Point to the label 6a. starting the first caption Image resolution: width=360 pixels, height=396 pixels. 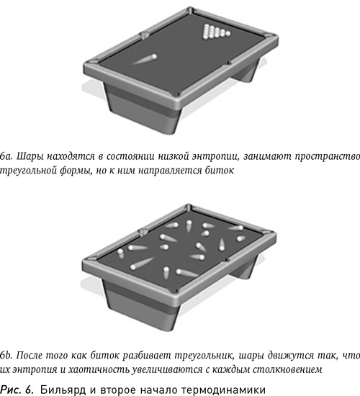[x=6, y=155]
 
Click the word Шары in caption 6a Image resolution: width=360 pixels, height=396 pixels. [x=28, y=155]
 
